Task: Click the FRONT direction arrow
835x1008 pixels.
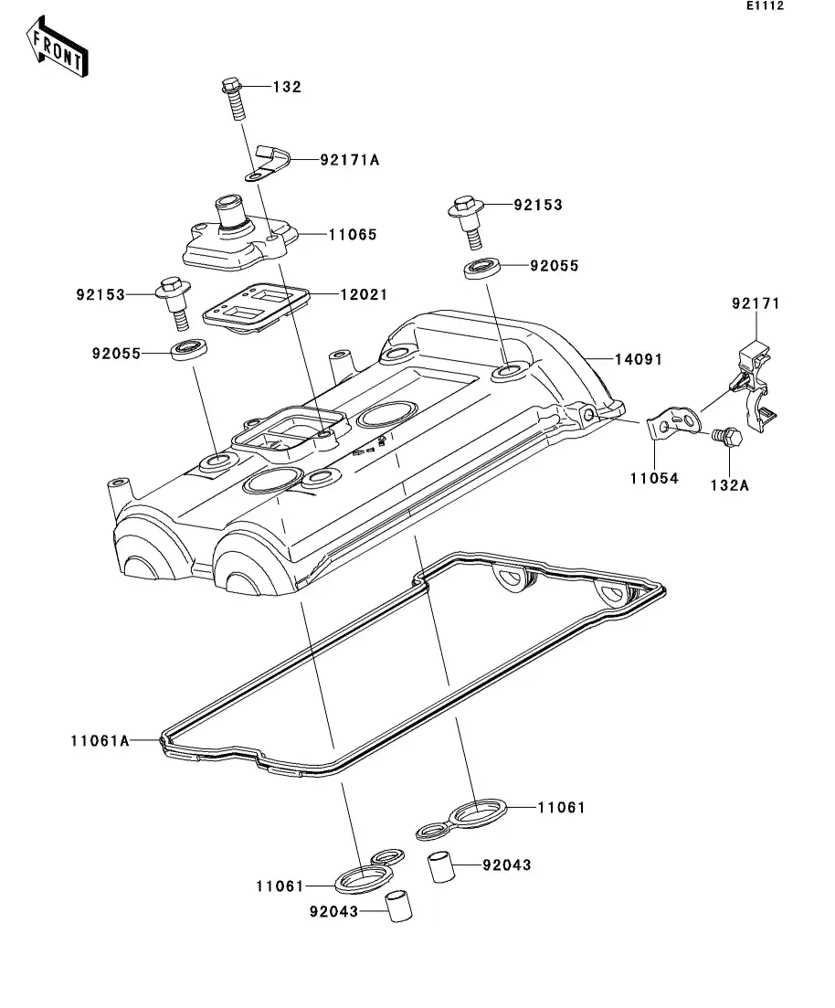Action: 58,51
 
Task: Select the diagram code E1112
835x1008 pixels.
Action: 765,6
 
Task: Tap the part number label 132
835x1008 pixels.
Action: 287,87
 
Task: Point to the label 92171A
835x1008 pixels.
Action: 323,159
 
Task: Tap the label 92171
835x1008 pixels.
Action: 756,302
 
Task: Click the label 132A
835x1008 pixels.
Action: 729,485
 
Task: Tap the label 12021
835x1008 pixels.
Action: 364,294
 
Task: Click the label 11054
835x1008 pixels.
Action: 653,477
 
